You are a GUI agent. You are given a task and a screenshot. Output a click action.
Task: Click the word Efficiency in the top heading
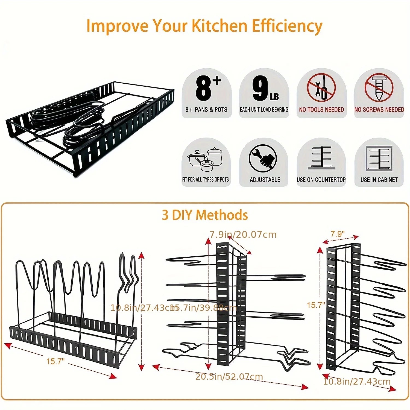tap(287, 26)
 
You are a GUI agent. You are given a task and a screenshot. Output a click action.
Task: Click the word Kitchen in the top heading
tap(219, 26)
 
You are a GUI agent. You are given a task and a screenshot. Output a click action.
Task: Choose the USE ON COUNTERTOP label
tap(321, 180)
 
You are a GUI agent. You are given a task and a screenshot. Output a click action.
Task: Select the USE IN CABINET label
tap(379, 180)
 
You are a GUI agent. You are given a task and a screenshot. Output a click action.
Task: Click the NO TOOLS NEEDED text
tap(321, 110)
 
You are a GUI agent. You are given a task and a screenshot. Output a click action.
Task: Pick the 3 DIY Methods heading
tap(205, 215)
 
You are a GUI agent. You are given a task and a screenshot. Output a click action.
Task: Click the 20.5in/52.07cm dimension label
tap(229, 377)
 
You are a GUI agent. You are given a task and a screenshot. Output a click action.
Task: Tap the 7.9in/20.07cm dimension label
tap(243, 235)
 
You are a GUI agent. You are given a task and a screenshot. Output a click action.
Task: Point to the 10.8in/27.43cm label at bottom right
tap(357, 381)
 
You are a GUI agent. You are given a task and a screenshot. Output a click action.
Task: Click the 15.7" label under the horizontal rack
tap(55, 361)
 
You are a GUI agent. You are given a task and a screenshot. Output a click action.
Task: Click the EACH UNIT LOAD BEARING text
tap(264, 110)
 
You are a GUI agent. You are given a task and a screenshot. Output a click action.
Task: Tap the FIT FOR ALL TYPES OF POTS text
tap(206, 180)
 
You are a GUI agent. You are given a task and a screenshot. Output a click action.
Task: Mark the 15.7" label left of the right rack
tap(316, 305)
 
